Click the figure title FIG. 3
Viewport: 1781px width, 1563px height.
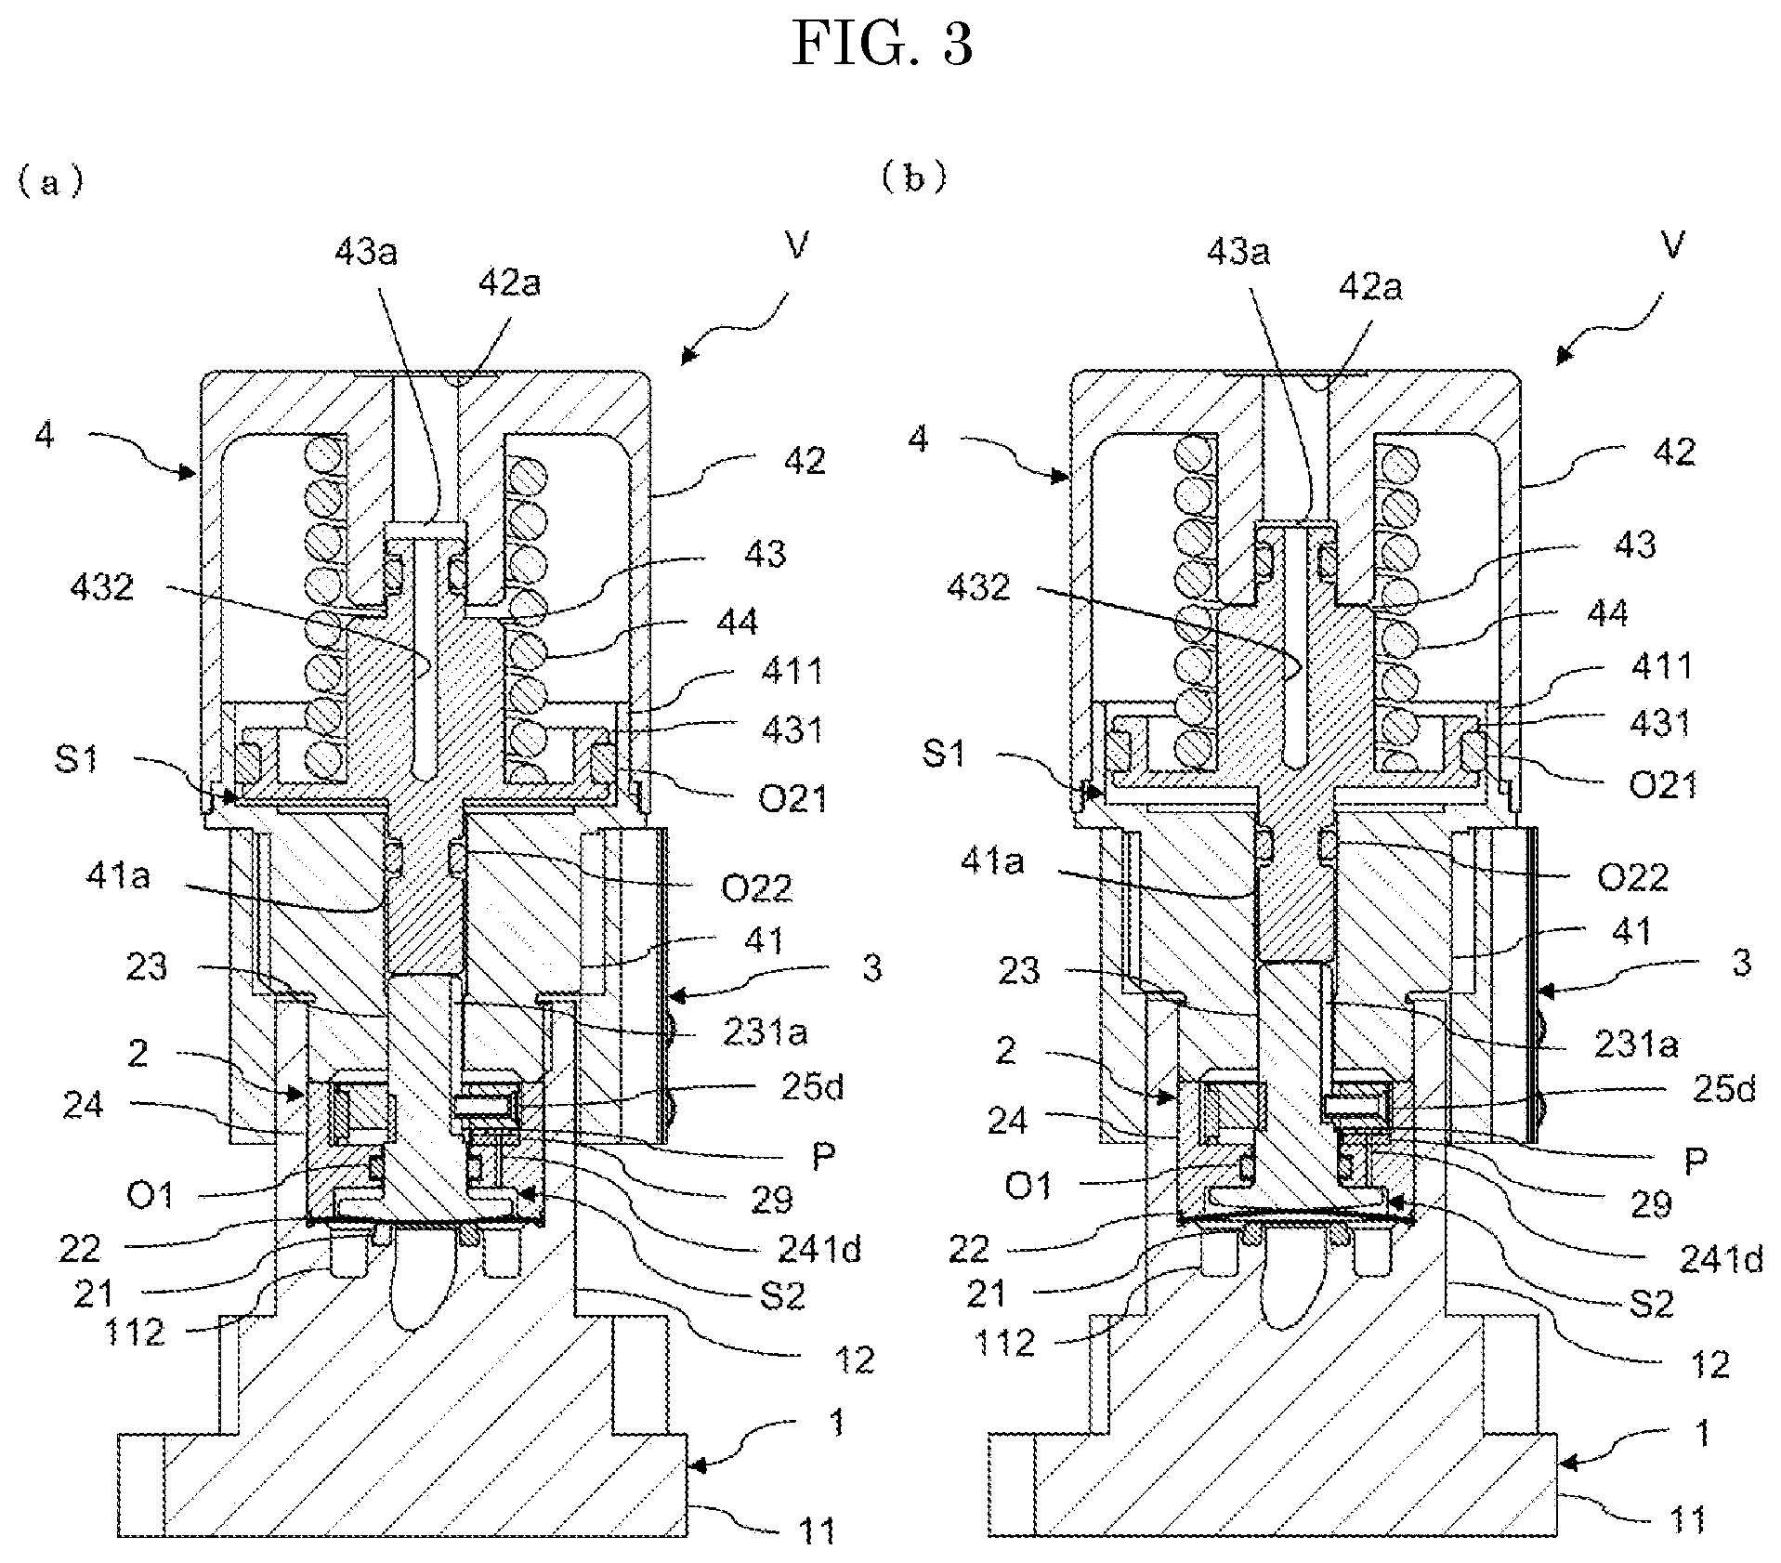click(x=883, y=44)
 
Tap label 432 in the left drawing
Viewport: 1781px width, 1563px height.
click(x=102, y=586)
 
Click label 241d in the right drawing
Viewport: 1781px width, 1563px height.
click(x=1720, y=1260)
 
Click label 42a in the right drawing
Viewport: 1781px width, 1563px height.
click(x=1370, y=287)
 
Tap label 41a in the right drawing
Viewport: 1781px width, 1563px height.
click(x=991, y=860)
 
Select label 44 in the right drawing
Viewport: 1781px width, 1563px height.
click(x=1608, y=612)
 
